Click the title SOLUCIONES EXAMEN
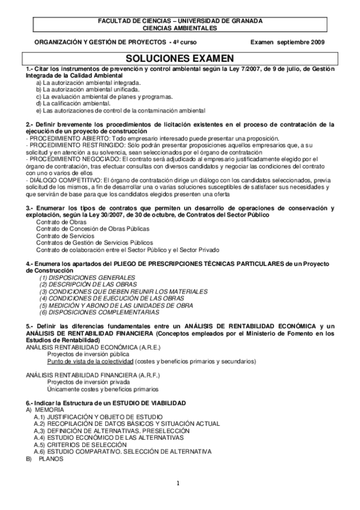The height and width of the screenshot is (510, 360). [x=180, y=58]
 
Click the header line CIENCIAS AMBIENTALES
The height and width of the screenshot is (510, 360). [x=180, y=28]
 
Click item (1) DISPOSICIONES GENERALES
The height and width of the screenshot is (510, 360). [x=87, y=277]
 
